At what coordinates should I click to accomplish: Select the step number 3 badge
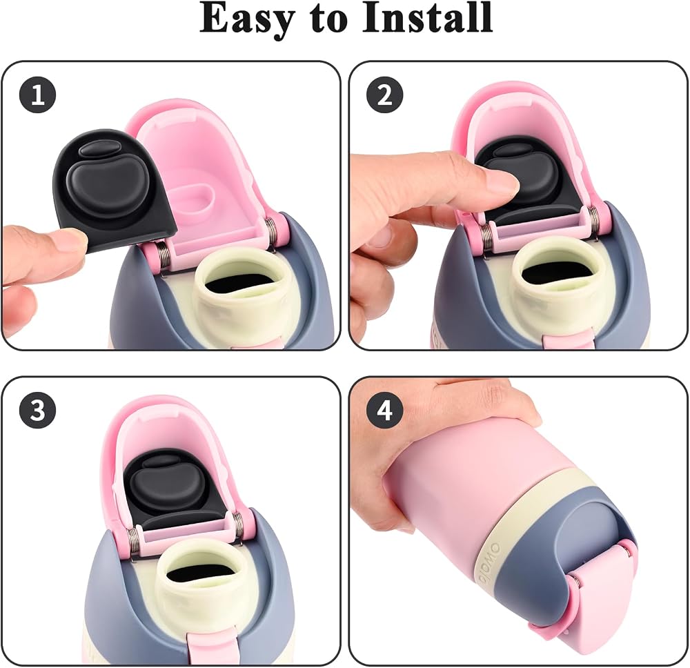[37, 410]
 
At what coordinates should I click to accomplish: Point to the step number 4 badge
[384, 410]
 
